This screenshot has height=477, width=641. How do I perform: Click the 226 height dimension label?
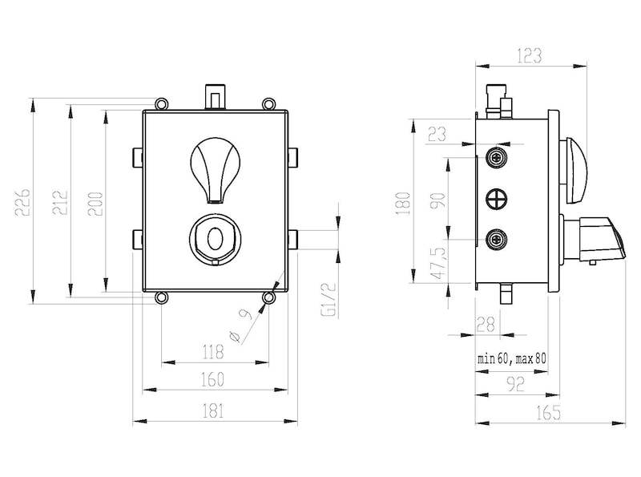coord(22,202)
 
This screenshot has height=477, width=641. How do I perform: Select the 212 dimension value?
coord(60,202)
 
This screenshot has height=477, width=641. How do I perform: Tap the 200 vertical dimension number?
coord(95,204)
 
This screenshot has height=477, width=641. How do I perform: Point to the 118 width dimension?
coord(214,351)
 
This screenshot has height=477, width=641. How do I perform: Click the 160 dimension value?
coord(213,379)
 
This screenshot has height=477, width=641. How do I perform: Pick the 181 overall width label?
coord(213,410)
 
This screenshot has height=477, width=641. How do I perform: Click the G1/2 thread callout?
coord(329,300)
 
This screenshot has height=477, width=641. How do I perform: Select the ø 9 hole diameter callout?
coord(240,325)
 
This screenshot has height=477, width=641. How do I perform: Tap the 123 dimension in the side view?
coord(529,55)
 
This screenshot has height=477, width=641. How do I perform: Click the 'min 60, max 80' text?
coord(511,359)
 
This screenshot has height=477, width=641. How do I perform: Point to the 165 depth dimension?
coord(548,412)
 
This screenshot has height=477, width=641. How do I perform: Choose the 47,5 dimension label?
coord(439,263)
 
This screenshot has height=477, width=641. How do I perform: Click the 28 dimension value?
coord(486,325)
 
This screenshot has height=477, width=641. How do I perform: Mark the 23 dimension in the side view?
coord(437,134)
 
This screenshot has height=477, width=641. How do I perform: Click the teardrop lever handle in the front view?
coord(216,170)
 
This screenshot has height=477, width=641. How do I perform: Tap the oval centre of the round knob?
coord(216,238)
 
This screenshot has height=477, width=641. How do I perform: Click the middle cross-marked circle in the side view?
coord(496,200)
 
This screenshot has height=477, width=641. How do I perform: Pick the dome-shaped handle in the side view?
coord(576,171)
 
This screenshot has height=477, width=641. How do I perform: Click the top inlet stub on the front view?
coord(216,97)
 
